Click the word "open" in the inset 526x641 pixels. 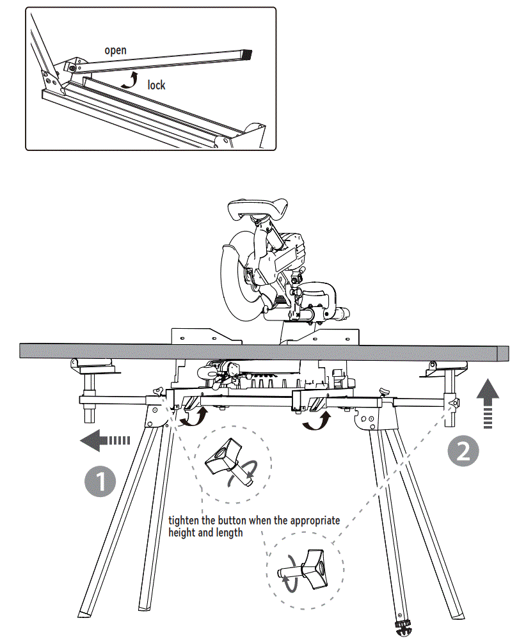pos(116,50)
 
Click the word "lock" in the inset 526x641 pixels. pos(156,84)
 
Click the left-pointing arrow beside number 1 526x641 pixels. pos(105,440)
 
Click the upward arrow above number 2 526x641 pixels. pos(487,402)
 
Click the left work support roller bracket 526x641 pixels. pos(93,368)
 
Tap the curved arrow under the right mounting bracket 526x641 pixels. pos(316,421)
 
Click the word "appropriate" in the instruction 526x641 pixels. pos(314,520)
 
